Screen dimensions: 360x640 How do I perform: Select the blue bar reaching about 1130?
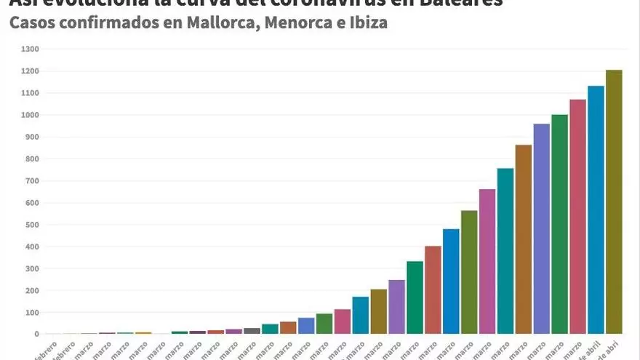pos(596,210)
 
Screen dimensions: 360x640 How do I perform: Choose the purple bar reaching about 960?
pos(541,229)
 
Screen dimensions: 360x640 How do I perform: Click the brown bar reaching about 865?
pos(523,239)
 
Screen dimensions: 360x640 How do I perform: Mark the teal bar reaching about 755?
pos(505,251)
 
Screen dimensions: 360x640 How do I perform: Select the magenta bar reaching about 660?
pos(487,262)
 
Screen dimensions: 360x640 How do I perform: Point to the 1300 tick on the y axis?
pos(31,49)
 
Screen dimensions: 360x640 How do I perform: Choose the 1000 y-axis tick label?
pos(31,115)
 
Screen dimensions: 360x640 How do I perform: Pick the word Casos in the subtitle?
pos(32,23)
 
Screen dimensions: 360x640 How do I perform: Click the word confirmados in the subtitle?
pos(109,23)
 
